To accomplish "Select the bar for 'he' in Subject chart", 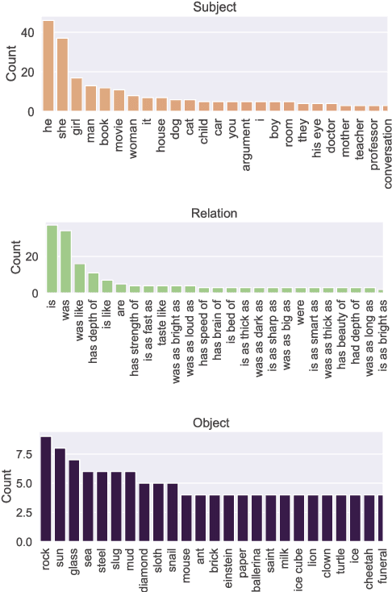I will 48,66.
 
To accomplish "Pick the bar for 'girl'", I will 77,94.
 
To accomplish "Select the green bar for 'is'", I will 52,260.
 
